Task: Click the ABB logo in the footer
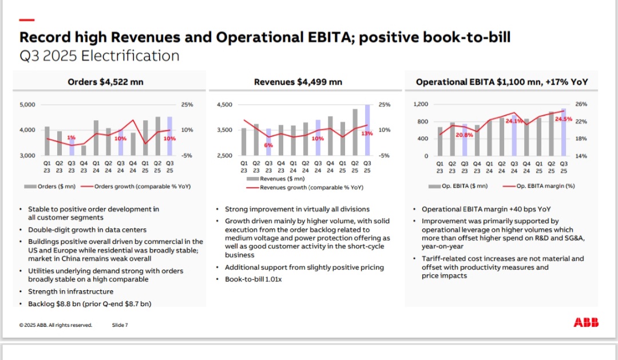586,323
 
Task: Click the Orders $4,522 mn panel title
105,82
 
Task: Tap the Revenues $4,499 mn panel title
298,82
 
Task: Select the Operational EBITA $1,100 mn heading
502,82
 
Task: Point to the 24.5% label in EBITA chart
564,119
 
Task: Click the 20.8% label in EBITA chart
465,135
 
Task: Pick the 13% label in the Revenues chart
367,133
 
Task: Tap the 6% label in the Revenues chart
268,145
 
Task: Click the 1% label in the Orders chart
71,137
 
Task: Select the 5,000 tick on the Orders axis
27,105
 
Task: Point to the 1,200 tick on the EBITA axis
421,104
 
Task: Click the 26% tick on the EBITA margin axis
581,104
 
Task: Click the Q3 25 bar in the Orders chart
170,136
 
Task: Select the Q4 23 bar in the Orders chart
84,151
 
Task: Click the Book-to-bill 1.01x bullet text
253,279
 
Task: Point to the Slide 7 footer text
120,325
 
